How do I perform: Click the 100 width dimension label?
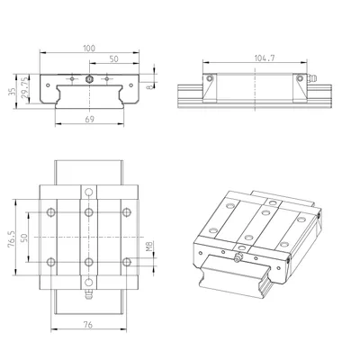tap(89, 49)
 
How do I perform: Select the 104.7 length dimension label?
tap(265, 58)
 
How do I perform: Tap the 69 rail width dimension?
tap(89, 119)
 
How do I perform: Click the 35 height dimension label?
tap(12, 92)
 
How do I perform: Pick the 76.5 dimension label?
tap(11, 239)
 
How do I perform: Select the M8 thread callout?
tap(149, 246)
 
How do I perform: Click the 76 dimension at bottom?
tap(88, 325)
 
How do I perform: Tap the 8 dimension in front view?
tap(149, 86)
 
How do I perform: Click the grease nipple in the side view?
tap(312, 78)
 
